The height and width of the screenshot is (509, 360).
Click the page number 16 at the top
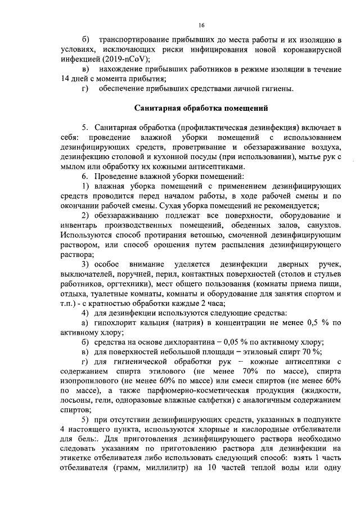(x=201, y=25)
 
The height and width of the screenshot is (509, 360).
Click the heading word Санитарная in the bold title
(x=159, y=108)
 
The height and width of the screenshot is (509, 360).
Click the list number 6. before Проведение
(x=85, y=177)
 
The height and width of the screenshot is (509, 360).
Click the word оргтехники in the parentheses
(x=126, y=284)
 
